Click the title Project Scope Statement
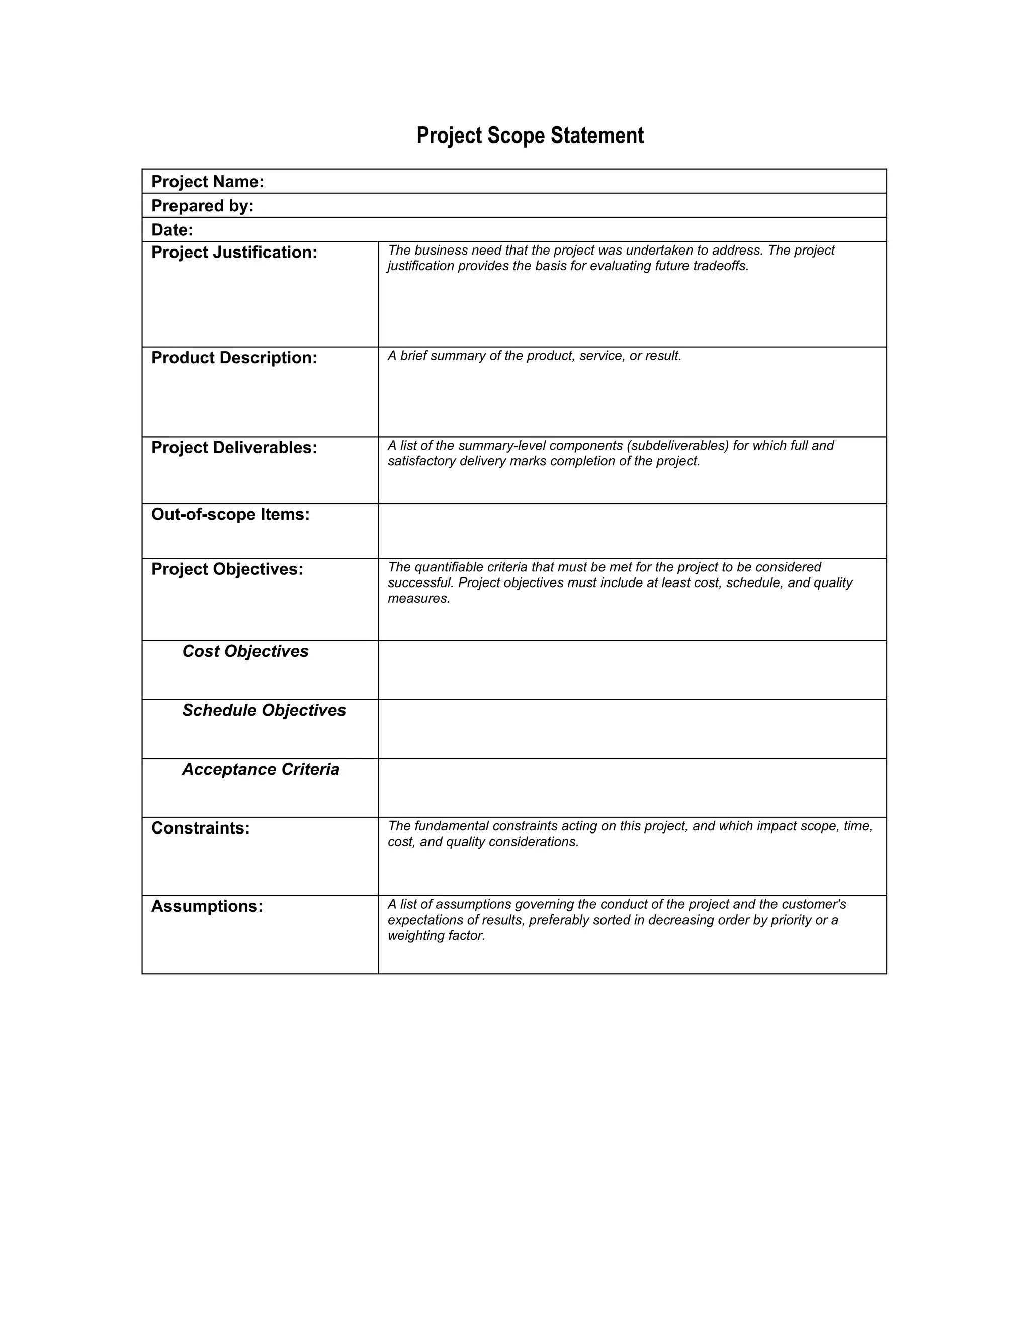pos(530,135)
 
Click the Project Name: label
pos(208,182)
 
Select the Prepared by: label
pos(202,206)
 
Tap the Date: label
pos(172,230)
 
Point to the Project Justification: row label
pos(234,253)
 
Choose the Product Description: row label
pos(234,358)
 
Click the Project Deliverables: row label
pos(234,448)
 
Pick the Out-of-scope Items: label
pos(230,515)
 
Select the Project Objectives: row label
pos(227,569)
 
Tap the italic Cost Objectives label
pos(245,652)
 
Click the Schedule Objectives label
pos(264,710)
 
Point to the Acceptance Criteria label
pos(261,770)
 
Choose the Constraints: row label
pos(200,828)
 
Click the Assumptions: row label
pos(207,907)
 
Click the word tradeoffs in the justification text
pos(720,266)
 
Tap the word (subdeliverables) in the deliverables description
pos(677,446)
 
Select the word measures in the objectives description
pos(418,599)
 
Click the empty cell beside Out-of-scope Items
pos(632,531)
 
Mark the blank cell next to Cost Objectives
pos(632,670)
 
